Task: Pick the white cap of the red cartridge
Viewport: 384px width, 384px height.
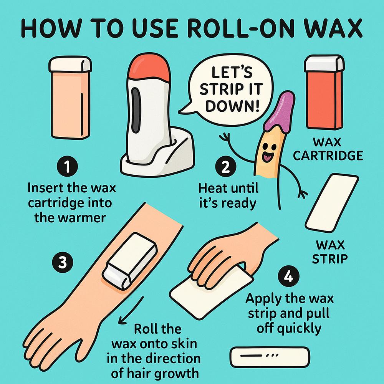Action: click(324, 63)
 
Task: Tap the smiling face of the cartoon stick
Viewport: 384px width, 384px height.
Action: click(266, 152)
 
